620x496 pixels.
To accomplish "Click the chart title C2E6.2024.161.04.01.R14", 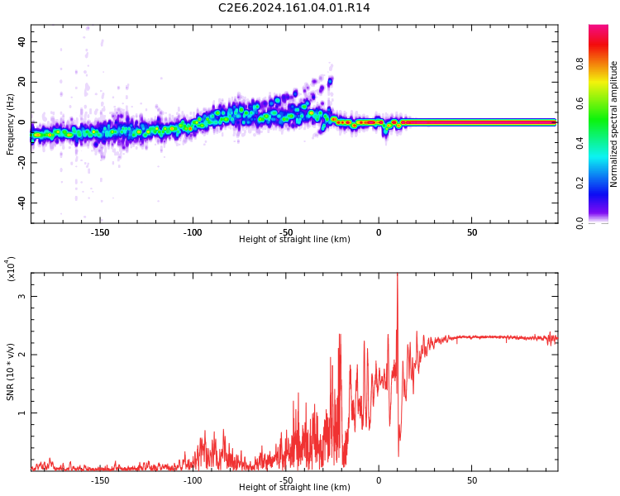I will coord(293,8).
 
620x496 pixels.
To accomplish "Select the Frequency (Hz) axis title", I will coord(11,124).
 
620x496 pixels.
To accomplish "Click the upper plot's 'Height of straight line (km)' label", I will coord(294,240).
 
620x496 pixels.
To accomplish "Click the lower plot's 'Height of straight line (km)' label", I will coord(294,488).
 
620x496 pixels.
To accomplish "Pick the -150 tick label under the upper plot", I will coord(99,232).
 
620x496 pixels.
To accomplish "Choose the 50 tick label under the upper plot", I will coord(471,232).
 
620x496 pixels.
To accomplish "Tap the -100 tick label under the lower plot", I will coord(192,480).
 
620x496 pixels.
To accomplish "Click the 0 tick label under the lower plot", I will coord(379,480).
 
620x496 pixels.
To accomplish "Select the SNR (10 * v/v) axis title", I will coord(11,371).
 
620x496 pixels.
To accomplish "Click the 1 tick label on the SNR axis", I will coord(22,413).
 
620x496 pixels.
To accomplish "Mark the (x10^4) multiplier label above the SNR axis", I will coord(12,269).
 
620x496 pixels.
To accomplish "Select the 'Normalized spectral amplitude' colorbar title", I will coord(614,124).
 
